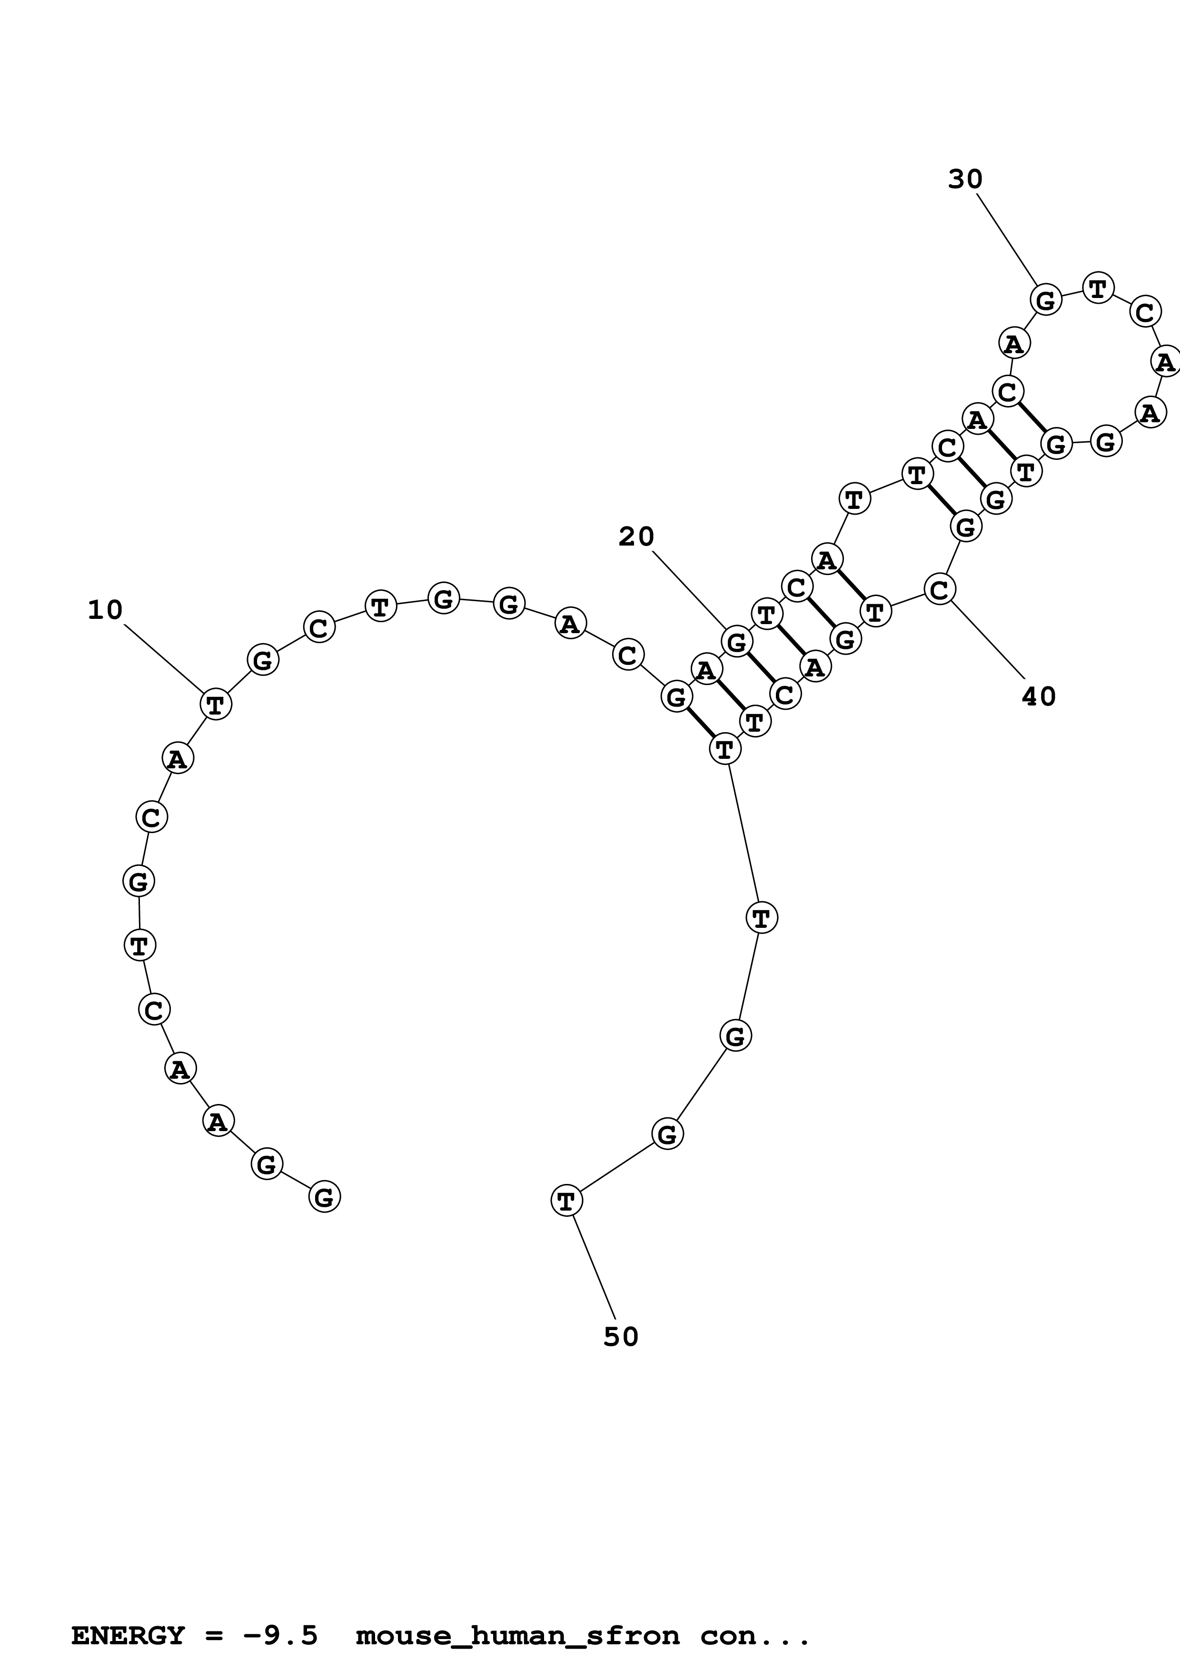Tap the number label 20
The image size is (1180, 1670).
coord(636,537)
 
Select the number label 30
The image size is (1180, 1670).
coord(965,179)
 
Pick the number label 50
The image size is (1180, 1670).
coord(621,1336)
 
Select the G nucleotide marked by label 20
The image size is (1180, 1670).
coord(736,642)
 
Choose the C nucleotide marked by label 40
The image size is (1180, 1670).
coord(939,589)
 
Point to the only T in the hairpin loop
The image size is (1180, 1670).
coord(1098,288)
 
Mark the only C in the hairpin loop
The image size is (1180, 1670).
coord(1144,314)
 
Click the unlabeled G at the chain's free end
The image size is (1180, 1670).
coord(324,1196)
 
